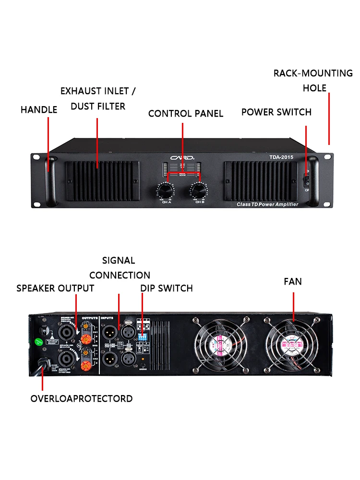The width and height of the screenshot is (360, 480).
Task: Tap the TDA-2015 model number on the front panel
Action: (282, 156)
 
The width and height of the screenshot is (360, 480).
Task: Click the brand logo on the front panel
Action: (183, 157)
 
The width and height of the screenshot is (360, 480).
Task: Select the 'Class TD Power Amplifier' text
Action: (267, 204)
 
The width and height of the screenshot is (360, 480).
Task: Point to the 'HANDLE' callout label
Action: (39, 110)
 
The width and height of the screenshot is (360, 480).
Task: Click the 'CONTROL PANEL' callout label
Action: (185, 114)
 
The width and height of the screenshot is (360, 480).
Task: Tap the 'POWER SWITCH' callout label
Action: (276, 112)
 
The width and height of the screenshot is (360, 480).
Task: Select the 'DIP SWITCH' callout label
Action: (166, 288)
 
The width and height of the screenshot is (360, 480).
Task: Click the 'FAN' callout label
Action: (292, 281)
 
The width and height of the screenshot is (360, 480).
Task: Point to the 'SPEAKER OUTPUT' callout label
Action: (55, 288)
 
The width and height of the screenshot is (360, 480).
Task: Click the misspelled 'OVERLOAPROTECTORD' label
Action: (82, 399)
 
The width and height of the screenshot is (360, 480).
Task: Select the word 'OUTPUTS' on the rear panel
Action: (90, 318)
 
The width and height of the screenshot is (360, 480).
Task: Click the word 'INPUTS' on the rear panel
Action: (108, 318)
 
